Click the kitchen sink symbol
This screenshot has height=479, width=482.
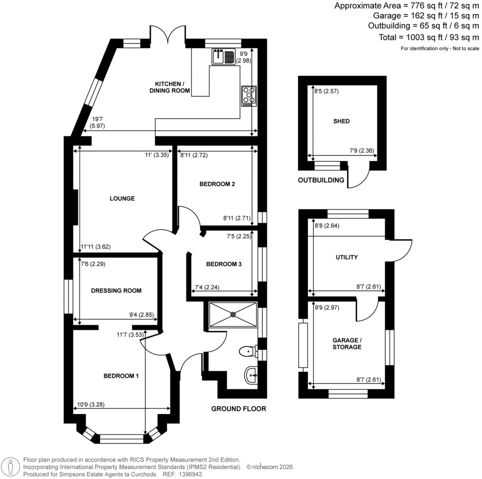pyautogui.click(x=223, y=57)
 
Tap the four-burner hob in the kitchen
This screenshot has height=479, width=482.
pyautogui.click(x=249, y=96)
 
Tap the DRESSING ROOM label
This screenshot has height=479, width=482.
pyautogui.click(x=116, y=290)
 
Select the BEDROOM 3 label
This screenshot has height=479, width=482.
pyautogui.click(x=224, y=264)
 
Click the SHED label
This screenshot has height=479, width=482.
pyautogui.click(x=341, y=121)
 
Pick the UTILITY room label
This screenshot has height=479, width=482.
pyautogui.click(x=346, y=257)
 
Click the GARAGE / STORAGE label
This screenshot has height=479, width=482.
pyautogui.click(x=346, y=343)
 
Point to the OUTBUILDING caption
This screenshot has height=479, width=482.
pyautogui.click(x=321, y=180)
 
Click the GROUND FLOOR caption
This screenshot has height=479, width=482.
pyautogui.click(x=238, y=409)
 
